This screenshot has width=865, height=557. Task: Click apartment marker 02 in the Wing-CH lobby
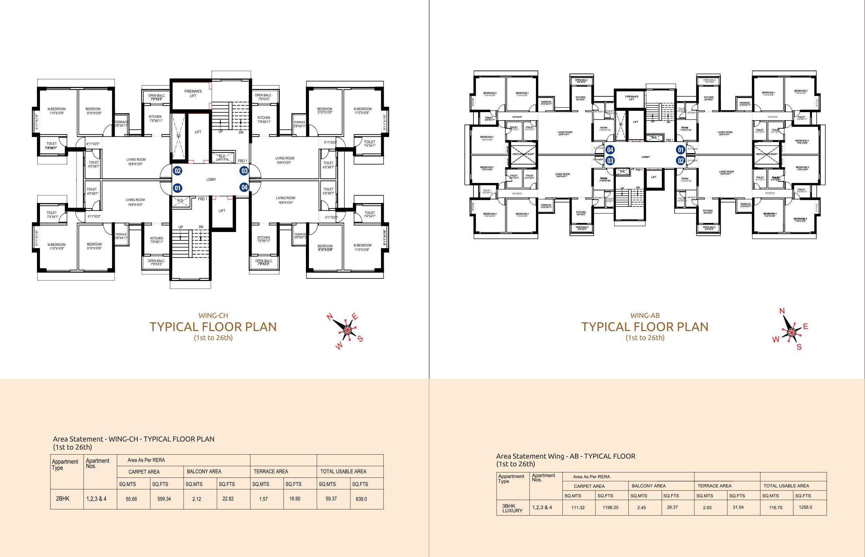tap(178, 171)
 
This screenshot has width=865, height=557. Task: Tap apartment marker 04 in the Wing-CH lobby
tap(244, 187)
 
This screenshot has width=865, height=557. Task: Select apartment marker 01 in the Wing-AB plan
tap(681, 150)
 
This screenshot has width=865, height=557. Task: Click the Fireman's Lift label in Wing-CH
tap(193, 94)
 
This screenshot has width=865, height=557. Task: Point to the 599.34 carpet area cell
tap(164, 499)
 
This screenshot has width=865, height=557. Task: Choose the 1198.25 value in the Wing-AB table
tap(610, 507)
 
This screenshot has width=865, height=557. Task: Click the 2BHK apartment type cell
tap(62, 498)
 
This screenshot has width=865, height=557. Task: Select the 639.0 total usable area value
tap(361, 499)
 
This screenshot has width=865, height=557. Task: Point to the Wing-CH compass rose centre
tap(347, 329)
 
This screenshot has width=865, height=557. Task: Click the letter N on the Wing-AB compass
tap(782, 311)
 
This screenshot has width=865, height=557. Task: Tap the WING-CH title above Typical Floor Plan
tap(213, 315)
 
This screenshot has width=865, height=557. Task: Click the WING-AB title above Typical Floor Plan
tap(645, 315)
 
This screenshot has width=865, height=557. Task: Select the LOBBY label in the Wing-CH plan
tap(211, 179)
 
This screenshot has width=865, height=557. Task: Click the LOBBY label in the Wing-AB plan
tap(645, 157)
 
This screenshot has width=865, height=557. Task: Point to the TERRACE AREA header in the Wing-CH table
tap(271, 472)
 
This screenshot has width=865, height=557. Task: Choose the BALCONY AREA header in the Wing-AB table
tap(648, 486)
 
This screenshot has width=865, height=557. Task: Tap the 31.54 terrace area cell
tap(738, 507)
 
